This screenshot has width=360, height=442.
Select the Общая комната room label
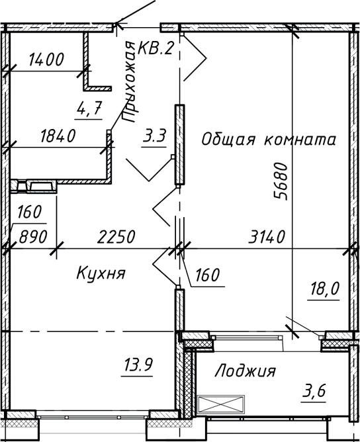[269, 140]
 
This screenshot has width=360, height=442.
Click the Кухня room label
[101, 273]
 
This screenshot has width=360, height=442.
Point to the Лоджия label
[245, 371]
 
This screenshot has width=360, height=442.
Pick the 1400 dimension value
[46, 60]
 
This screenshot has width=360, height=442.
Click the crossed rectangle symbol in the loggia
[221, 404]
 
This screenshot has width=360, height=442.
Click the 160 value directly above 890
[30, 213]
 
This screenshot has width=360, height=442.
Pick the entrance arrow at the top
[136, 13]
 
